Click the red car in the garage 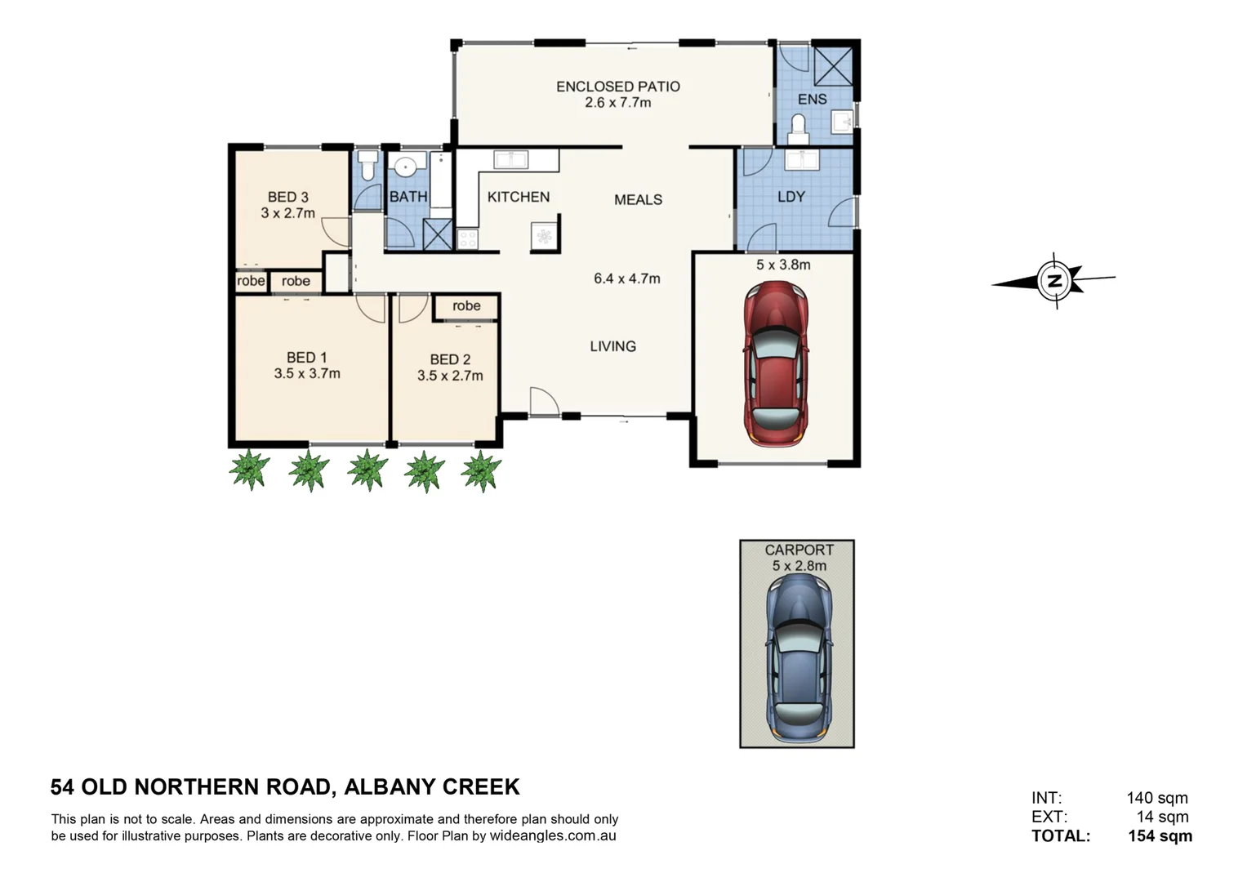tap(776, 364)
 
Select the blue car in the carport tap(799, 659)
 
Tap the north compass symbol tap(1053, 281)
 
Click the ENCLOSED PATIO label tap(618, 87)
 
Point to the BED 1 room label tap(307, 358)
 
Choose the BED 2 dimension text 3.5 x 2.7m tap(450, 376)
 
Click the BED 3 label tap(287, 197)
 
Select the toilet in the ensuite tap(799, 129)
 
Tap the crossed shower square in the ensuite tap(833, 65)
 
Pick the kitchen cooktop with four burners tap(468, 238)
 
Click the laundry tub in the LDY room tap(802, 160)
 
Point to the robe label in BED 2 tap(466, 305)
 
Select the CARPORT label tap(799, 550)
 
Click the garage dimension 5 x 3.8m tap(783, 265)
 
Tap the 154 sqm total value tap(1160, 835)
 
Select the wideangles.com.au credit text tap(553, 835)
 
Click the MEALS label tap(638, 200)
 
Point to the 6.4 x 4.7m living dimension tap(627, 278)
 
